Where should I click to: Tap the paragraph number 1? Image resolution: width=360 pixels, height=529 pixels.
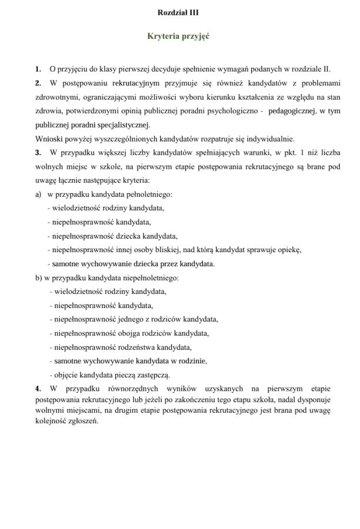point(38,69)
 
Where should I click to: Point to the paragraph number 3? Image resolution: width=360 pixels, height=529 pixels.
point(38,153)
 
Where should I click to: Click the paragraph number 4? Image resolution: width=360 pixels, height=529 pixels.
point(38,389)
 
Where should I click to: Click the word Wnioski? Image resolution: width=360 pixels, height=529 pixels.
point(49,139)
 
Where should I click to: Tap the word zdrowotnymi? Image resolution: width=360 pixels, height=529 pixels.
point(56,97)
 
